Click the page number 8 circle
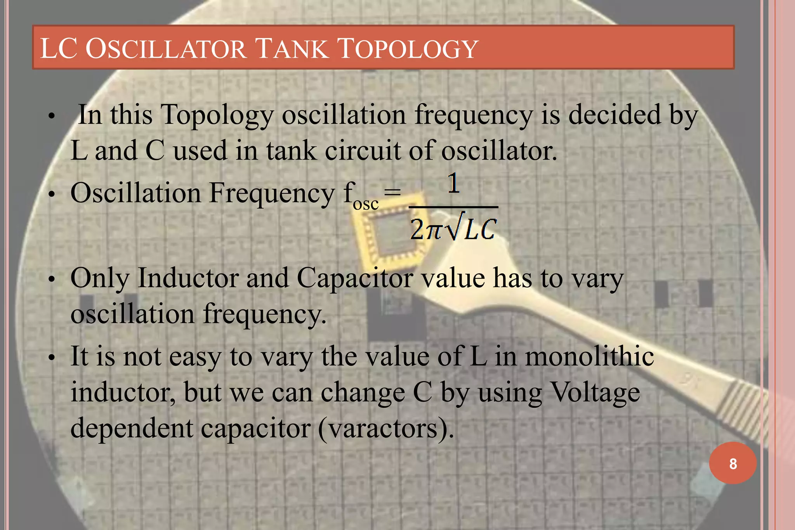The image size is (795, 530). tap(733, 463)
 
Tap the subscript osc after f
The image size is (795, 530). tap(366, 203)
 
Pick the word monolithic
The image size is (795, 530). tap(589, 356)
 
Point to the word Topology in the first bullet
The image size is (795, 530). tap(217, 115)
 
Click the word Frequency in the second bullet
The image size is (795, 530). tap(272, 193)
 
